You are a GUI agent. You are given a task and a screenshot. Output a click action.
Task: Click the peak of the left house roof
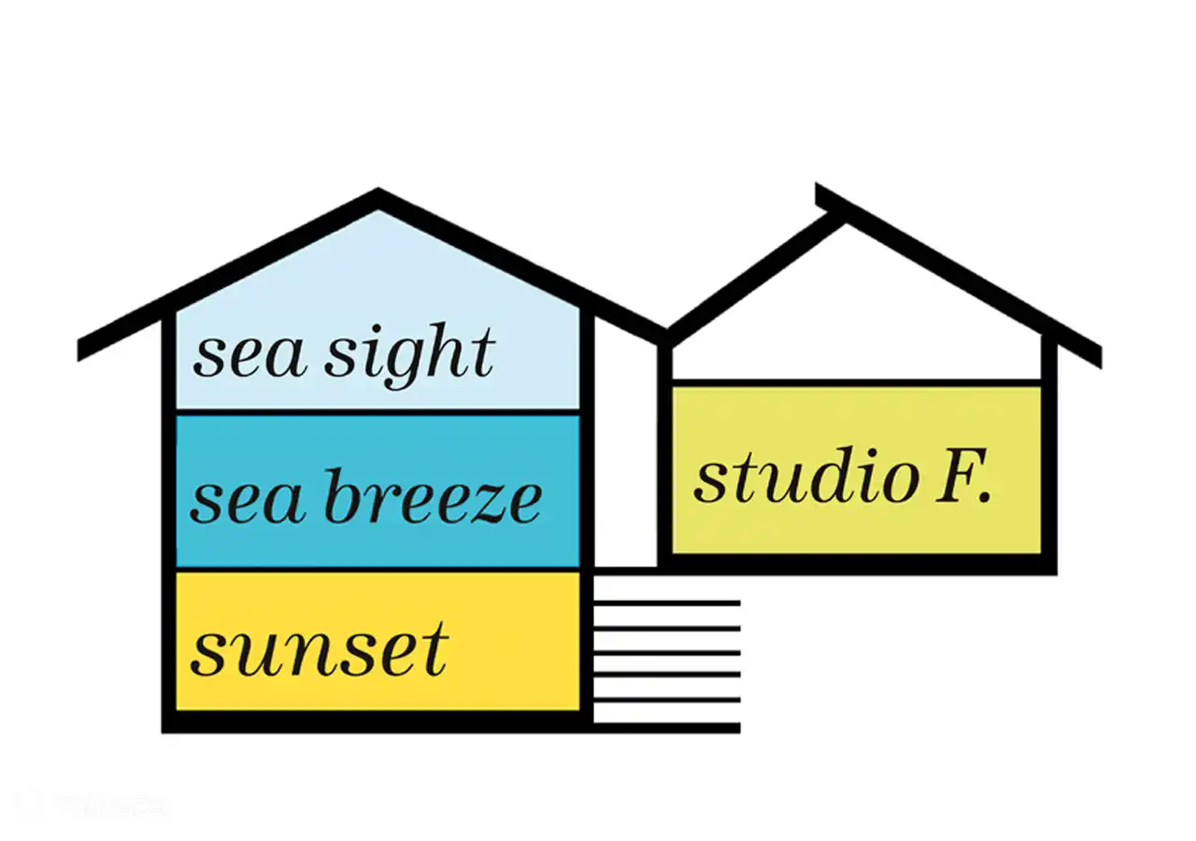pyautogui.click(x=377, y=196)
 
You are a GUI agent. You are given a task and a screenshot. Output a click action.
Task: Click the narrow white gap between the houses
pyautogui.click(x=625, y=449)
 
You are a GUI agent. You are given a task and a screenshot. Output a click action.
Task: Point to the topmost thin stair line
pyautogui.click(x=667, y=603)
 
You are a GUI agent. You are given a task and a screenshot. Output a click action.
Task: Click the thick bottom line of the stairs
pyautogui.click(x=667, y=727)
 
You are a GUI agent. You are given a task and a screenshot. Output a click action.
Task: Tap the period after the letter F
pyautogui.click(x=984, y=497)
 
